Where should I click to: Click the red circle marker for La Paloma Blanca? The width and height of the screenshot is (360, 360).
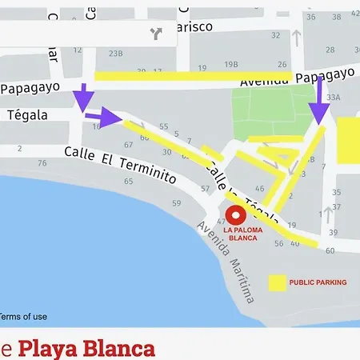pos(235,215)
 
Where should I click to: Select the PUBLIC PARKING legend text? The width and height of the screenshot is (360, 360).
pos(318,282)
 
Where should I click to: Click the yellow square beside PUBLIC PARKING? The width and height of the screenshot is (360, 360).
pos(277,282)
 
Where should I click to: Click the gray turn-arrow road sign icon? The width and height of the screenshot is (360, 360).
pos(155,33)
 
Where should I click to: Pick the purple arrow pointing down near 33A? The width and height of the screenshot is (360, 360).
pos(319,105)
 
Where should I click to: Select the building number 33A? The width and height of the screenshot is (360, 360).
pos(334,98)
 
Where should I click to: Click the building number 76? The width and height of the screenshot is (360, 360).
pos(42,163)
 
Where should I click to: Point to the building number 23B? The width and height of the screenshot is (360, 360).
pos(116,54)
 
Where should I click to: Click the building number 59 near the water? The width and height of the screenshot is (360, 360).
pos(176,203)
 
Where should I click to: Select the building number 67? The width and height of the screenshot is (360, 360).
pos(129,145)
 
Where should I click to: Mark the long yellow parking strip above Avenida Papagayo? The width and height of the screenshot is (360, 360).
pos(192,76)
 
